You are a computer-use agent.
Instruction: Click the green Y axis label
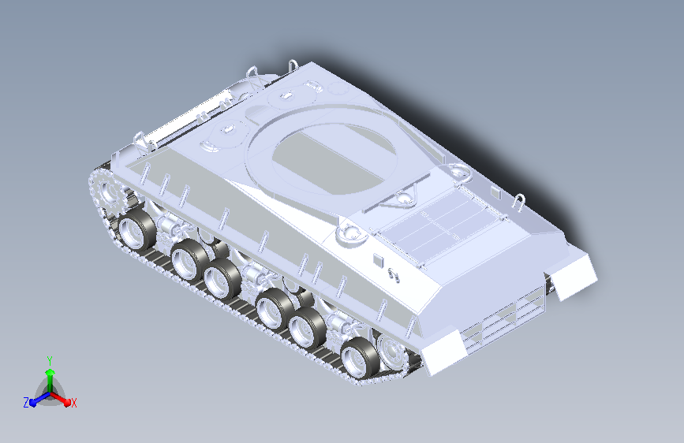pos(49,360)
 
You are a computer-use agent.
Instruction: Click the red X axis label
pos(73,403)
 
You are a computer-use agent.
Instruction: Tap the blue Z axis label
pos(26,403)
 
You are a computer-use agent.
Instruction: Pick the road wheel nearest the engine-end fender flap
pos(360,359)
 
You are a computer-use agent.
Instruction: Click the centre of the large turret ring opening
pos(335,159)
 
